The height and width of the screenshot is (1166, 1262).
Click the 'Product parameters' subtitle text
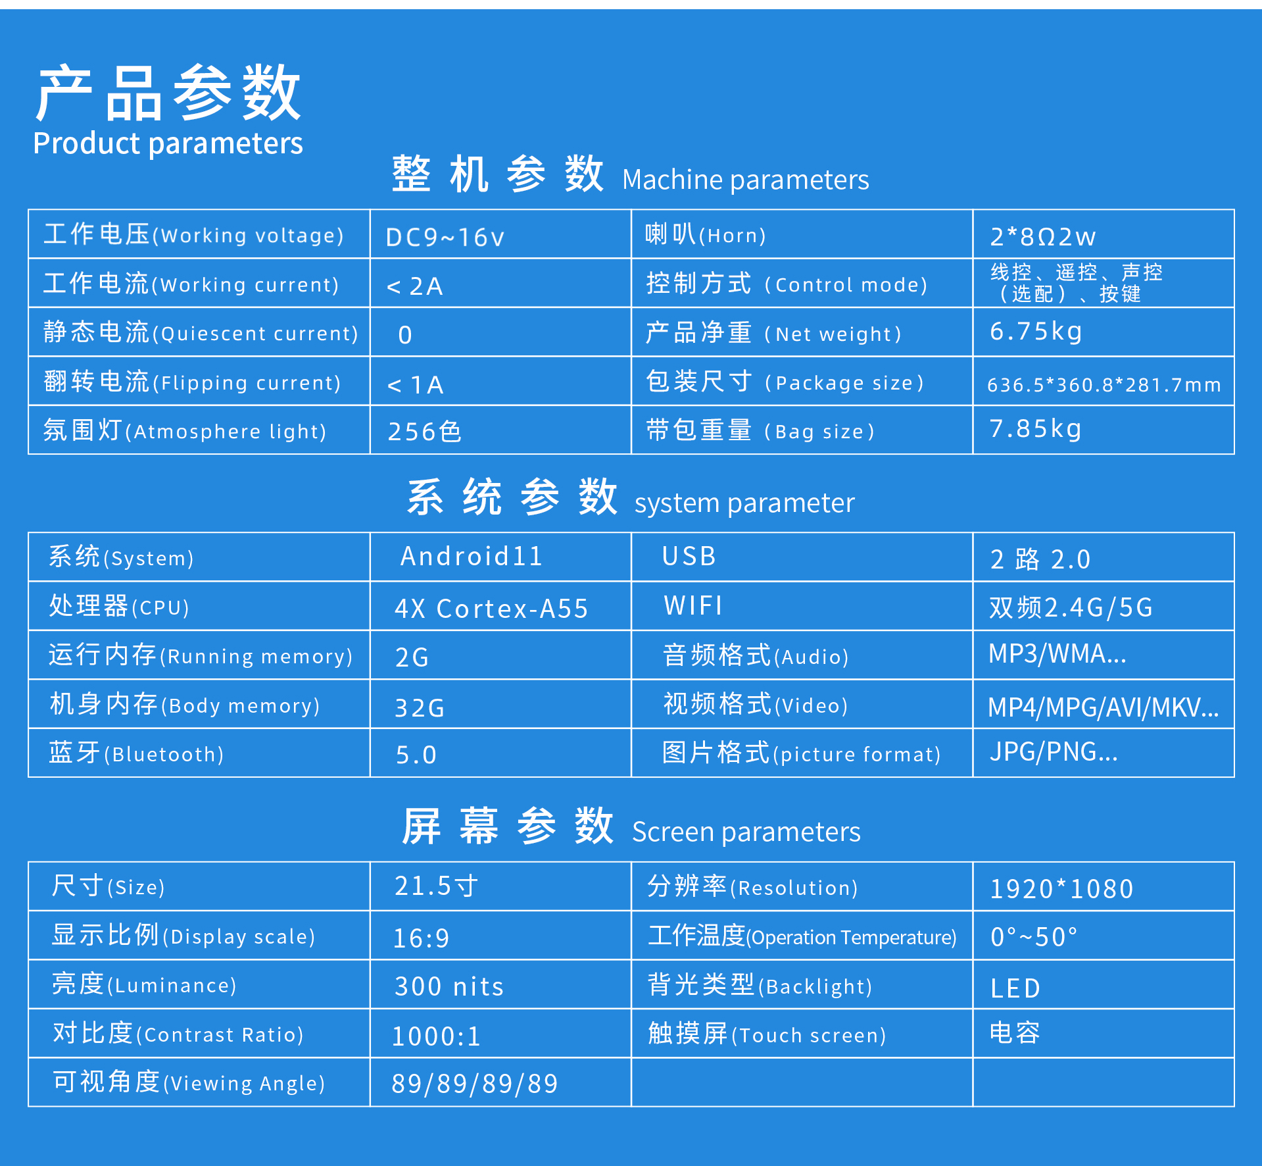pos(168,144)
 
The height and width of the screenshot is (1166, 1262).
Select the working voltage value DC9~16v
pos(445,237)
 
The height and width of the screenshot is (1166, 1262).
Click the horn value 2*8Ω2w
pos(1042,236)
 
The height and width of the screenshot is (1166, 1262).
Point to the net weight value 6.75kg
pos(1036,332)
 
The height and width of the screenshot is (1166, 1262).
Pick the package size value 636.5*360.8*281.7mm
pos(1104,384)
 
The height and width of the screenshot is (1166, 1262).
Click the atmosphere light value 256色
pos(424,432)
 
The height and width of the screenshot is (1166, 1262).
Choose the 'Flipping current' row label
pos(192,382)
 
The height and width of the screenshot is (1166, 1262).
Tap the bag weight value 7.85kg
pos(1036,429)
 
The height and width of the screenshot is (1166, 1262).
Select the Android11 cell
pos(472,556)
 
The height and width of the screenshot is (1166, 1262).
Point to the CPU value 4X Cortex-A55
pos(491,609)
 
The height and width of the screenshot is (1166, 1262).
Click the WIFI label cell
pos(693,605)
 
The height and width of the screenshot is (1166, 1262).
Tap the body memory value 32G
pos(420,708)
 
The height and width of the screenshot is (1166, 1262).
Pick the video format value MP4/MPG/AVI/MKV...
pos(1103,708)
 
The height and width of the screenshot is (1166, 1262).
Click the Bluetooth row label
pos(136,753)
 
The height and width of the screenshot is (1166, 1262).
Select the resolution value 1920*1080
pos(1061,889)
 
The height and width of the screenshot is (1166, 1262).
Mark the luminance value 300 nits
pos(449,987)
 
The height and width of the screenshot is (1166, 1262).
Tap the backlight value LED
pos(1015,988)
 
